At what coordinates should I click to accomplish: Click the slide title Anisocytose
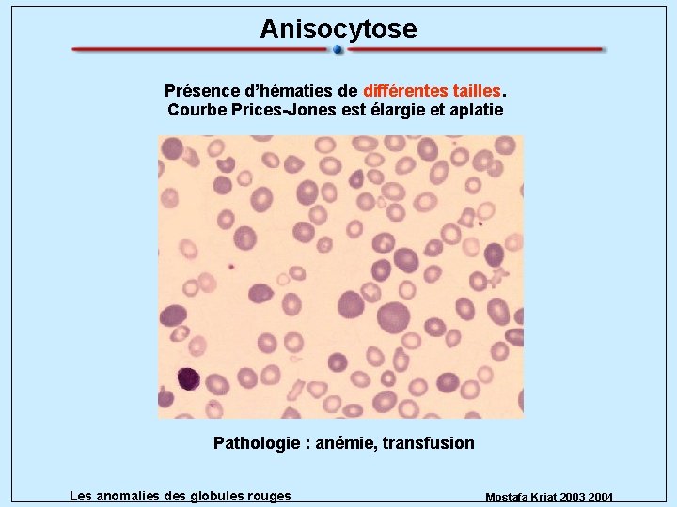point(338,29)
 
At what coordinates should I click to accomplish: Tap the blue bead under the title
point(338,51)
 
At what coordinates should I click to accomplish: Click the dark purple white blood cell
point(188,377)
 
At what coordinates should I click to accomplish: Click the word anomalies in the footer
point(127,496)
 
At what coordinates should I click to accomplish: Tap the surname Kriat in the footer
point(543,497)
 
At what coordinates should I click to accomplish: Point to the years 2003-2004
point(589,497)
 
